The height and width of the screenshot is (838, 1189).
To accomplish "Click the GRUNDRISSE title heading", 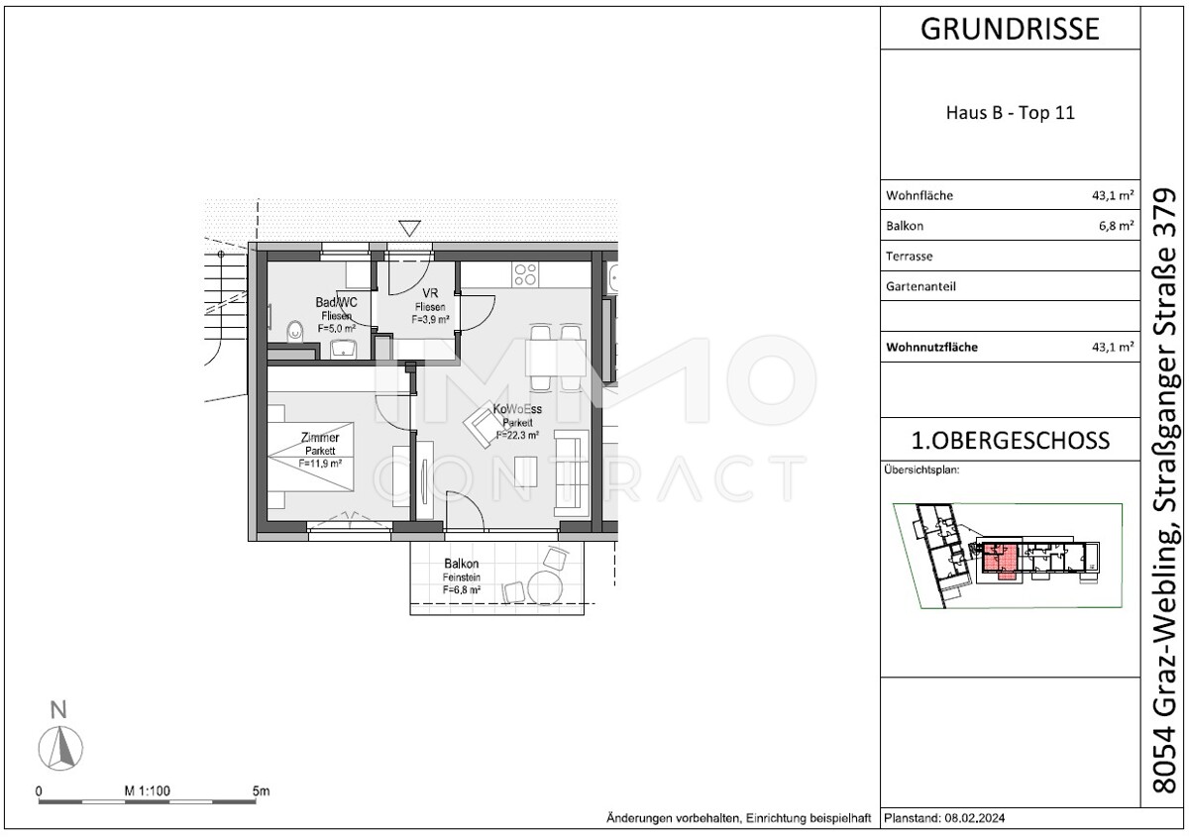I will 1010,29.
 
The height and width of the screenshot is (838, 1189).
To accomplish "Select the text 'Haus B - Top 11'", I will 1010,113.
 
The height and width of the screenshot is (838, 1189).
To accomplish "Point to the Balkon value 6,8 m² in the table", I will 1114,226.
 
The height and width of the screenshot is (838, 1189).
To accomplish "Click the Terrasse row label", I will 909,257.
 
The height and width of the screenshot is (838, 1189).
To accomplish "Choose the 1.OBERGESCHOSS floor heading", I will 1010,440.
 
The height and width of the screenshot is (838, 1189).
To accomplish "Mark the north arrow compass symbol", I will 59,745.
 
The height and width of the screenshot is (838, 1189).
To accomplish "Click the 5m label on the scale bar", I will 261,791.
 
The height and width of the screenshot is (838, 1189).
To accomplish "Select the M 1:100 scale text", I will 149,791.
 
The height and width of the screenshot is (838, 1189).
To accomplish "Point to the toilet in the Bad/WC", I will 295,331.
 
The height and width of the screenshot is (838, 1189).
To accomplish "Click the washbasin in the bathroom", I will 344,348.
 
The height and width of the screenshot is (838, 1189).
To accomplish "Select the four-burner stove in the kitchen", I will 525,272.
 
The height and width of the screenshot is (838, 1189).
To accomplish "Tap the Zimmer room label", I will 320,438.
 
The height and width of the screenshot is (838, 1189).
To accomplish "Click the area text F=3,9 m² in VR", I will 431,319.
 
